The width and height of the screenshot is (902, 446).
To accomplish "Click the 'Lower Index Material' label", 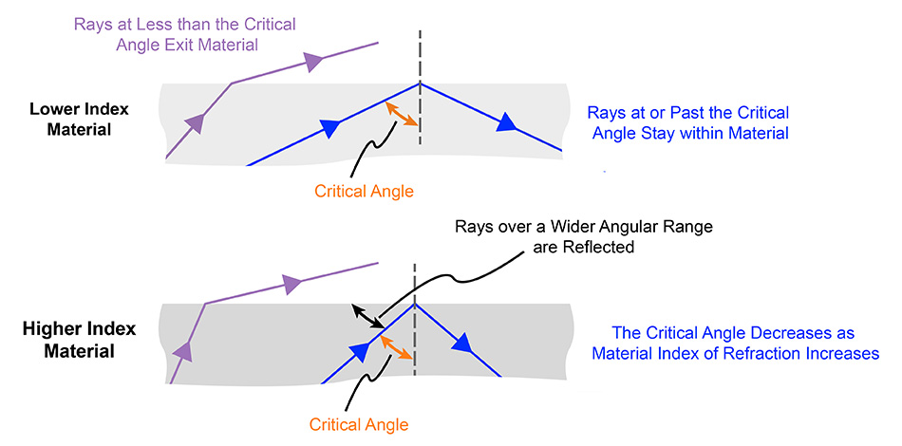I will (x=81, y=119).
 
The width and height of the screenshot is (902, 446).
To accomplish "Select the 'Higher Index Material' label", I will (x=81, y=340).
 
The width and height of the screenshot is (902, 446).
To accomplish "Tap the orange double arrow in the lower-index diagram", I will (x=403, y=115).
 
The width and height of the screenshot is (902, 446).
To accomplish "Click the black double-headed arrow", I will (x=366, y=317).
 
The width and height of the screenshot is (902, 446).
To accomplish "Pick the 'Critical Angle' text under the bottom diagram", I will (x=360, y=424).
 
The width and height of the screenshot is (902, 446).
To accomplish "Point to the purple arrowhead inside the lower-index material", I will (x=196, y=121).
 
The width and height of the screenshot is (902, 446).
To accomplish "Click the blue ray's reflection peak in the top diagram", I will (x=419, y=84).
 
